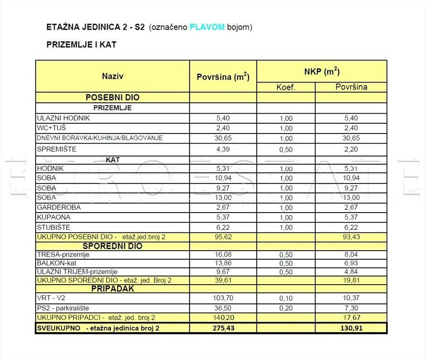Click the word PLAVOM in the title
tap(207, 27)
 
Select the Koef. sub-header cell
tap(286, 87)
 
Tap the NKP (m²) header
tap(321, 72)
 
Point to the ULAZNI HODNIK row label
tap(63, 118)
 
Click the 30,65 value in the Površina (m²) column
tap(223, 138)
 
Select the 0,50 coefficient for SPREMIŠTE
tap(286, 150)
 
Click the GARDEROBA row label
tap(59, 207)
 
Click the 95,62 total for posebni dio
tap(223, 237)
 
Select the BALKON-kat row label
tap(57, 263)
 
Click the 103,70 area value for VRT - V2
tap(223, 298)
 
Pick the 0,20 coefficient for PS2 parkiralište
tap(286, 308)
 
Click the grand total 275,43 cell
tap(223, 328)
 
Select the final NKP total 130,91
tap(351, 328)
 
